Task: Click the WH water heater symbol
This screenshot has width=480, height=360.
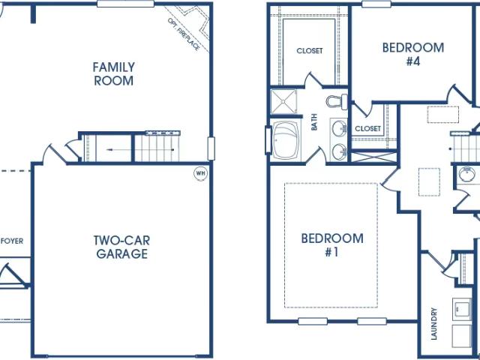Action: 200,173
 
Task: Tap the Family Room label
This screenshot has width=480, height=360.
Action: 113,73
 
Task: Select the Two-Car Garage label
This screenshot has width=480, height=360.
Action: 121,247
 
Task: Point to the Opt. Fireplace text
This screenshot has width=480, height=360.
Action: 184,34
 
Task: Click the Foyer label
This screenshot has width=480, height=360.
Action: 12,241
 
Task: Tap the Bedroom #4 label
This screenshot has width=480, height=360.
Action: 413,54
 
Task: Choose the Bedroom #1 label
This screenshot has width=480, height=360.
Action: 332,245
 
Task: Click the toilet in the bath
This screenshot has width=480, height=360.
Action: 337,101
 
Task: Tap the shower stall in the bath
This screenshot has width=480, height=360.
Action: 283,101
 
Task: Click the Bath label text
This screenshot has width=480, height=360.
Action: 314,122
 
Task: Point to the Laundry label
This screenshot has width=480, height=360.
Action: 433,324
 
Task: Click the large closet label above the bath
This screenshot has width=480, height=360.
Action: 310,50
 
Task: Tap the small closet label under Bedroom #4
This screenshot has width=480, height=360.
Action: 368,128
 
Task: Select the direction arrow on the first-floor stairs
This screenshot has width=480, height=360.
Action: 140,150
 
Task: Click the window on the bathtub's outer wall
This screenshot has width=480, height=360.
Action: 268,140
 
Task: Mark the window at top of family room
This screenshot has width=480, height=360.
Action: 125,4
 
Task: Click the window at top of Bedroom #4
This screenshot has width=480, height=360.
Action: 376,4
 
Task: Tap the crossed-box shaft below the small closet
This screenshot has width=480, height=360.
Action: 373,157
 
